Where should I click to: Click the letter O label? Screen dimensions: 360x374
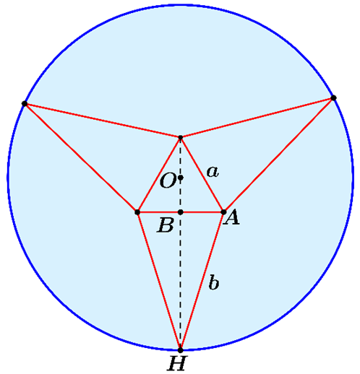point(168,181)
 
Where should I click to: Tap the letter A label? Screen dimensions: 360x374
point(231,217)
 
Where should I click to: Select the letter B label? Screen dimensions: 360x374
point(166,225)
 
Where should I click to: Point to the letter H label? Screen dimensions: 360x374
point(177,363)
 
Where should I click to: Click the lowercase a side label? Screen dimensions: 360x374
point(213,172)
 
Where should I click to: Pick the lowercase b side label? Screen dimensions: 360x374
point(214,282)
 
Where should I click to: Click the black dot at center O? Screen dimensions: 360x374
point(181,178)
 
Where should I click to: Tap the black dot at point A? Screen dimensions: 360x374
point(223,212)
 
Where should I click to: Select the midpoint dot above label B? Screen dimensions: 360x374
point(181,212)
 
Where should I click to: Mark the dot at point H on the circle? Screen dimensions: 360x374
point(180,350)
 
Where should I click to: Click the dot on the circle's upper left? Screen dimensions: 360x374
point(25,103)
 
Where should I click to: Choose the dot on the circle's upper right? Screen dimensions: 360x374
point(333,97)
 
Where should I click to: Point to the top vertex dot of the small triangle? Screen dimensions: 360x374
point(181,137)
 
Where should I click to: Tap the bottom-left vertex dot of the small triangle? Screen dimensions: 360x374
point(137,212)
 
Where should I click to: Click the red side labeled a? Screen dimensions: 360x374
point(202,175)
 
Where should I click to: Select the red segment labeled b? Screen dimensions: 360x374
point(202,281)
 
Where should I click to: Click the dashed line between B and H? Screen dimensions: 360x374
point(181,281)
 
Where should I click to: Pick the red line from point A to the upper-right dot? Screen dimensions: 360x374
point(278,155)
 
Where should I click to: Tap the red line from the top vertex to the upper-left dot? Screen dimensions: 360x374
point(103,121)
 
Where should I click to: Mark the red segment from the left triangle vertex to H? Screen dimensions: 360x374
point(159,281)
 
